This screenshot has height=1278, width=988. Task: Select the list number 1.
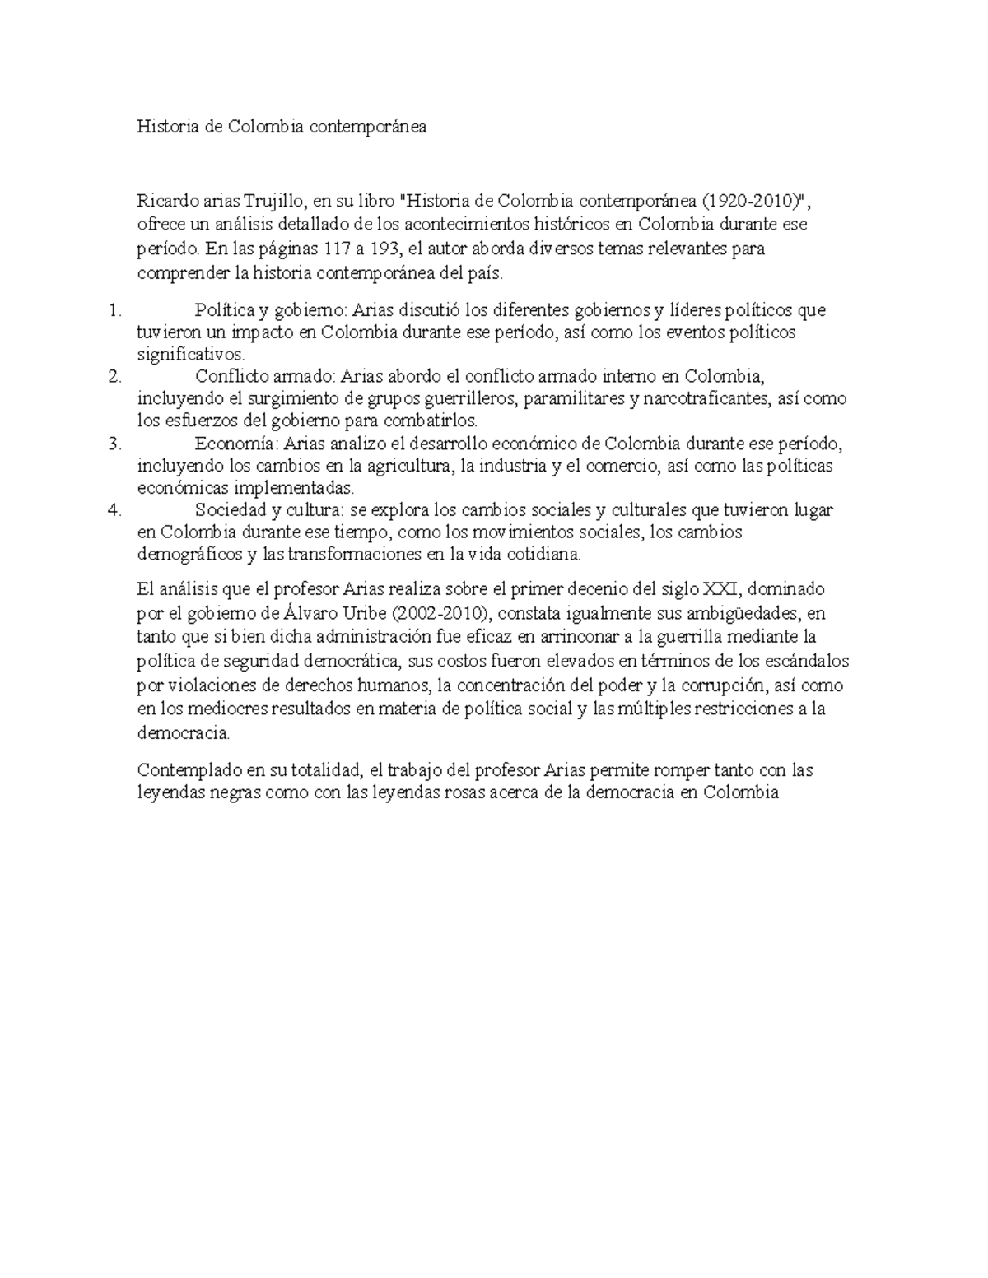114,310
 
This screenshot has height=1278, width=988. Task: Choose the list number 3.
114,444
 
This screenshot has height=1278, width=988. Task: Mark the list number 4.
114,510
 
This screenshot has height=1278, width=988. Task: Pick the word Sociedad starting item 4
231,510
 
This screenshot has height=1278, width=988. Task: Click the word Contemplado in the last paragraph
188,771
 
